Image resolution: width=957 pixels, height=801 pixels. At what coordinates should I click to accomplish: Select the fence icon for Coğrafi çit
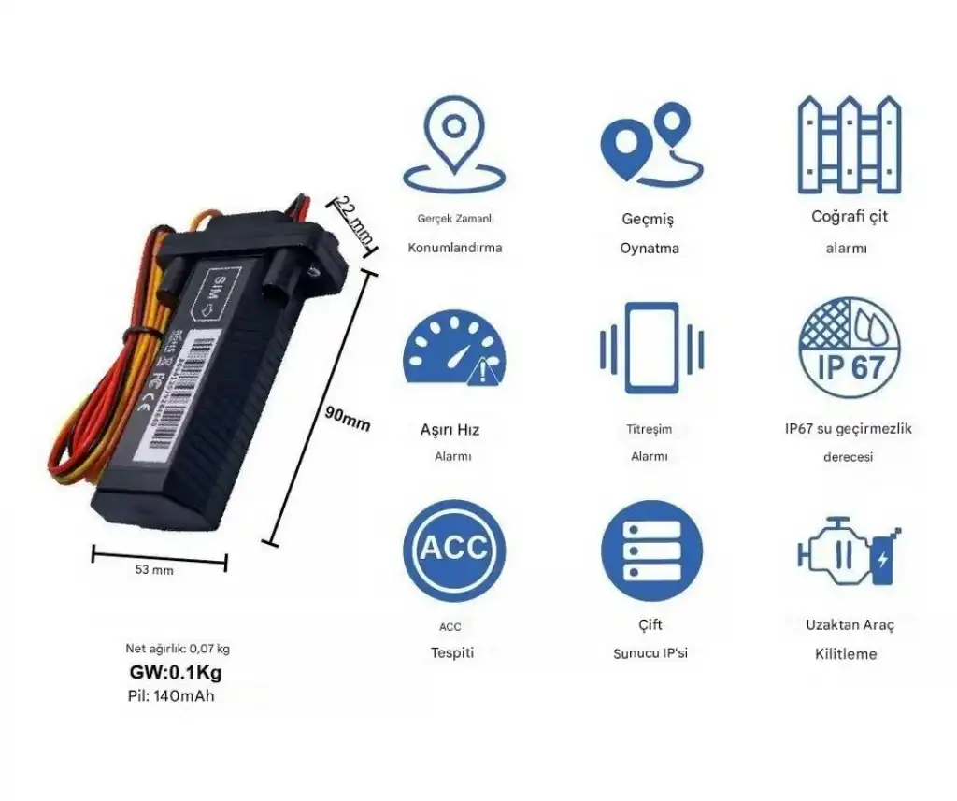click(x=850, y=144)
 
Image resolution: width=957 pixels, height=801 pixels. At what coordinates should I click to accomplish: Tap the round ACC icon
click(x=454, y=550)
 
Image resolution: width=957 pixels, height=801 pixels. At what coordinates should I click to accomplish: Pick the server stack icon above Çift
click(x=651, y=550)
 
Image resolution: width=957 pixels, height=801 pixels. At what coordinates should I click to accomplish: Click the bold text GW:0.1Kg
click(x=176, y=673)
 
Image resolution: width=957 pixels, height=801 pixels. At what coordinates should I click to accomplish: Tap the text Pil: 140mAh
click(x=171, y=696)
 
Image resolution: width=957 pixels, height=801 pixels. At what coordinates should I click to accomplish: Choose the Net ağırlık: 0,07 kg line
click(x=178, y=649)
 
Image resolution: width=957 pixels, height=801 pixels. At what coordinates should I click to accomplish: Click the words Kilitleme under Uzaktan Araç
click(x=846, y=654)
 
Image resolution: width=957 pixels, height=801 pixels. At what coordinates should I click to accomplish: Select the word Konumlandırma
click(x=455, y=249)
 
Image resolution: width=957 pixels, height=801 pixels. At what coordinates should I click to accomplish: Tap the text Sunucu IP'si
click(x=650, y=653)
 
